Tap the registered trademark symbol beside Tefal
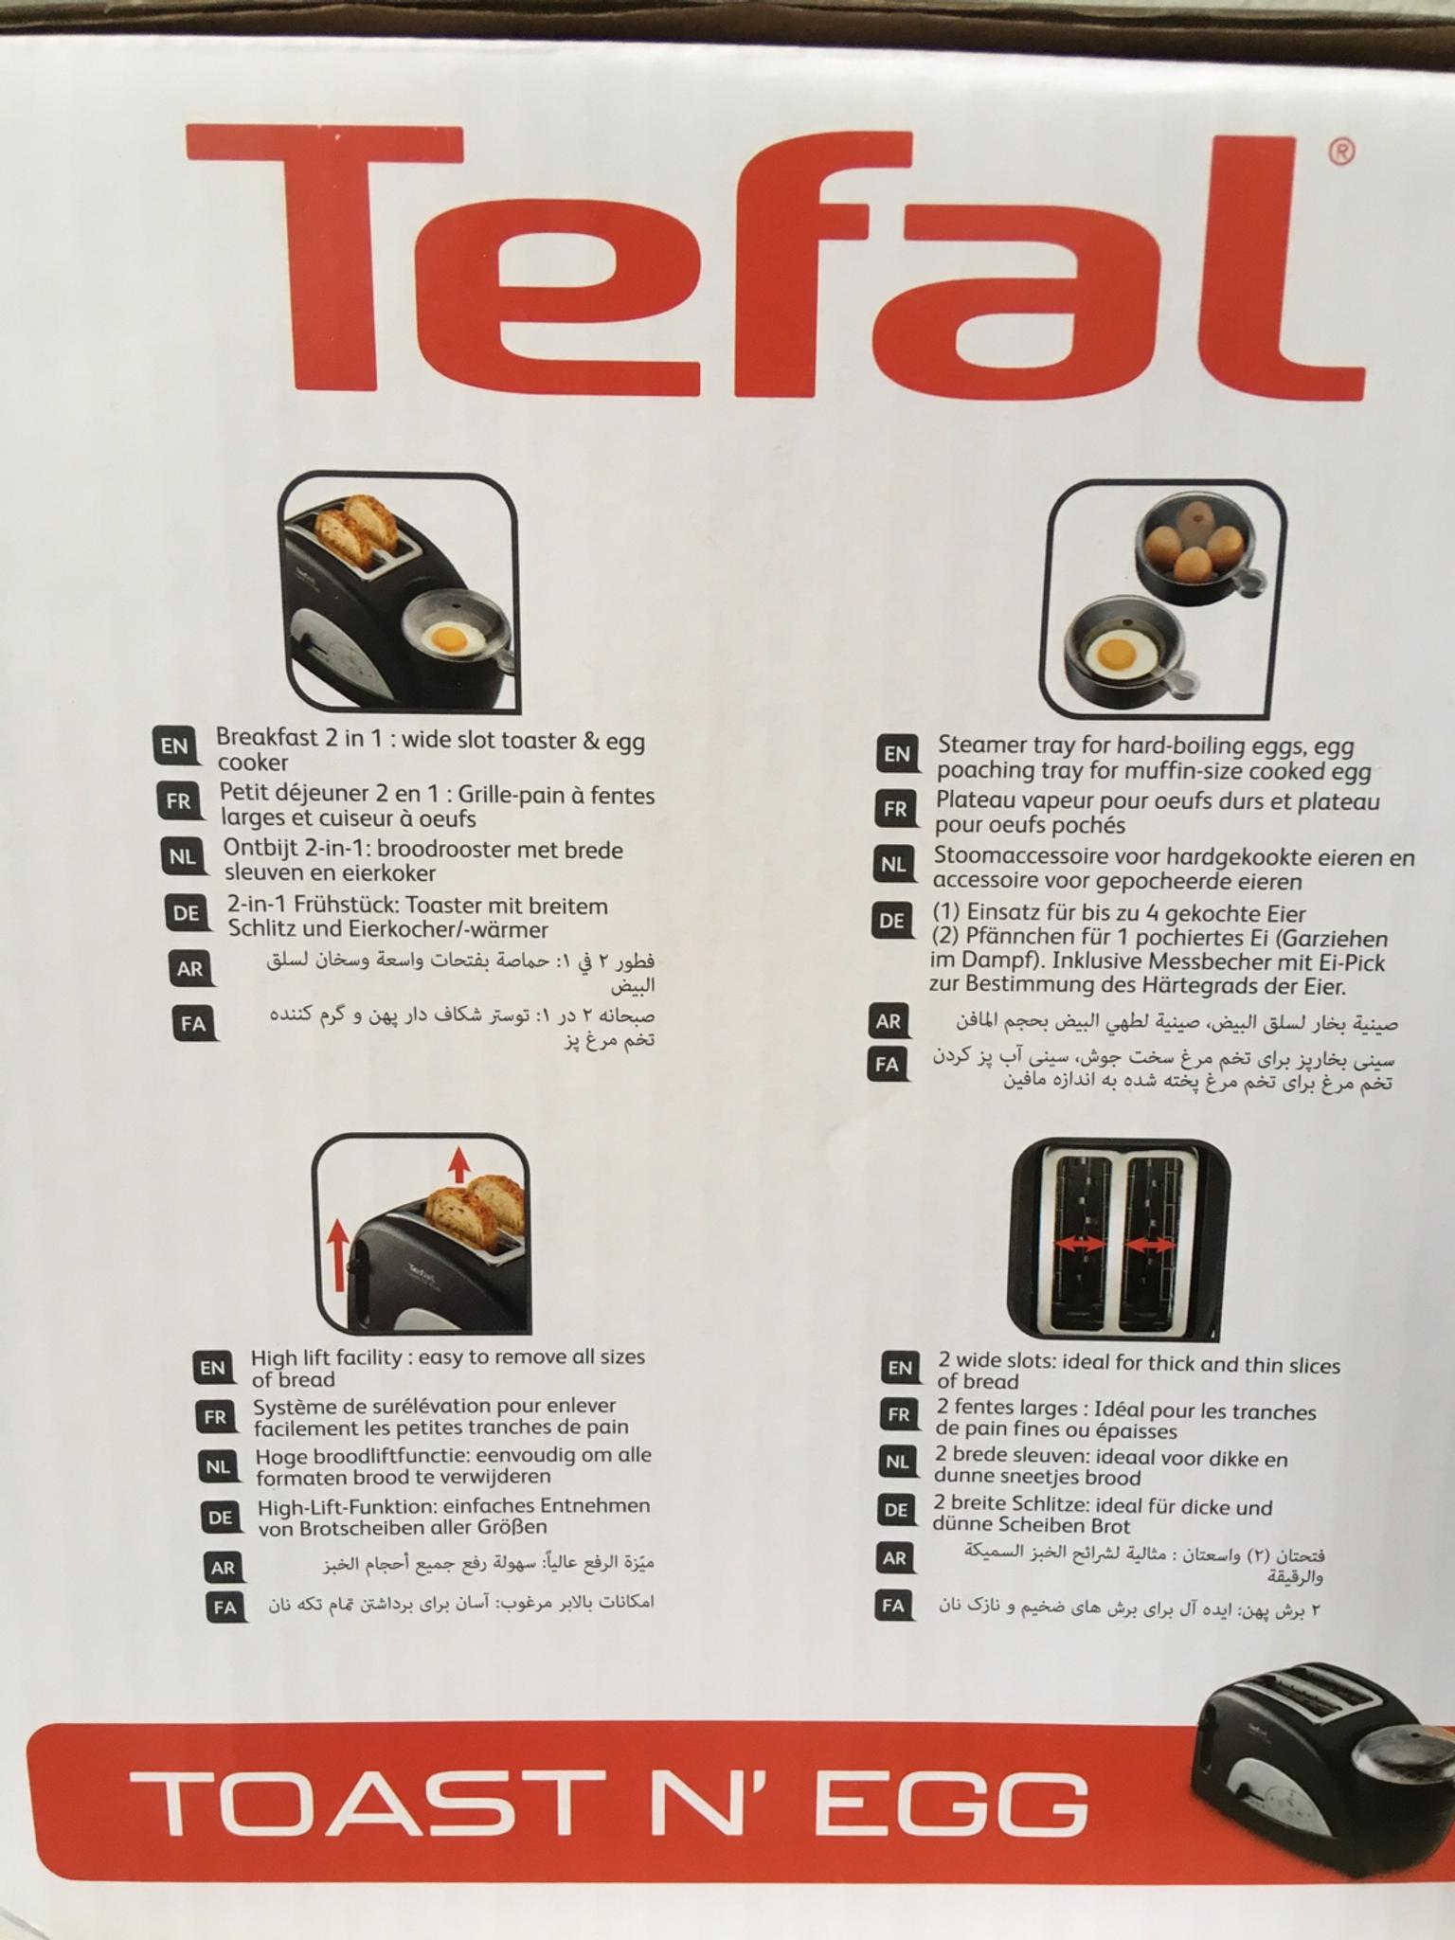1342,151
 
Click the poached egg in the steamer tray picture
1116,653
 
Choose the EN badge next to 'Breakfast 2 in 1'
174,745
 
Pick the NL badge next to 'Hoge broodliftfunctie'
218,1467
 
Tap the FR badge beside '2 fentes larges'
897,1415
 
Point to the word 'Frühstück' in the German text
349,907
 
